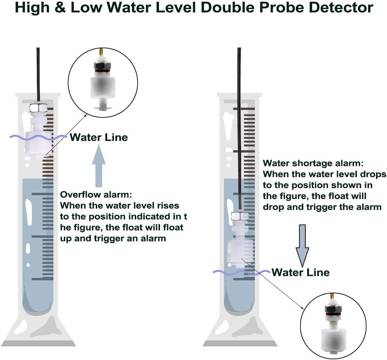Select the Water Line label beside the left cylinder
coord(99,137)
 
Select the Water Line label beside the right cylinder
coord(300,272)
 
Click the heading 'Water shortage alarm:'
coord(313,164)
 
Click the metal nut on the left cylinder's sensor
coord(38,108)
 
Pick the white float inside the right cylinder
coord(240,250)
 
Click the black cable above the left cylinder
coord(38,71)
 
